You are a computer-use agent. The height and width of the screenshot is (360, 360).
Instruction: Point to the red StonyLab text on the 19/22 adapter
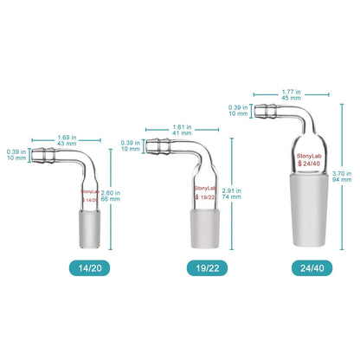coord(205,190)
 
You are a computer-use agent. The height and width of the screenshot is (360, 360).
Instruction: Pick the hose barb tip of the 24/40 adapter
coord(262,110)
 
